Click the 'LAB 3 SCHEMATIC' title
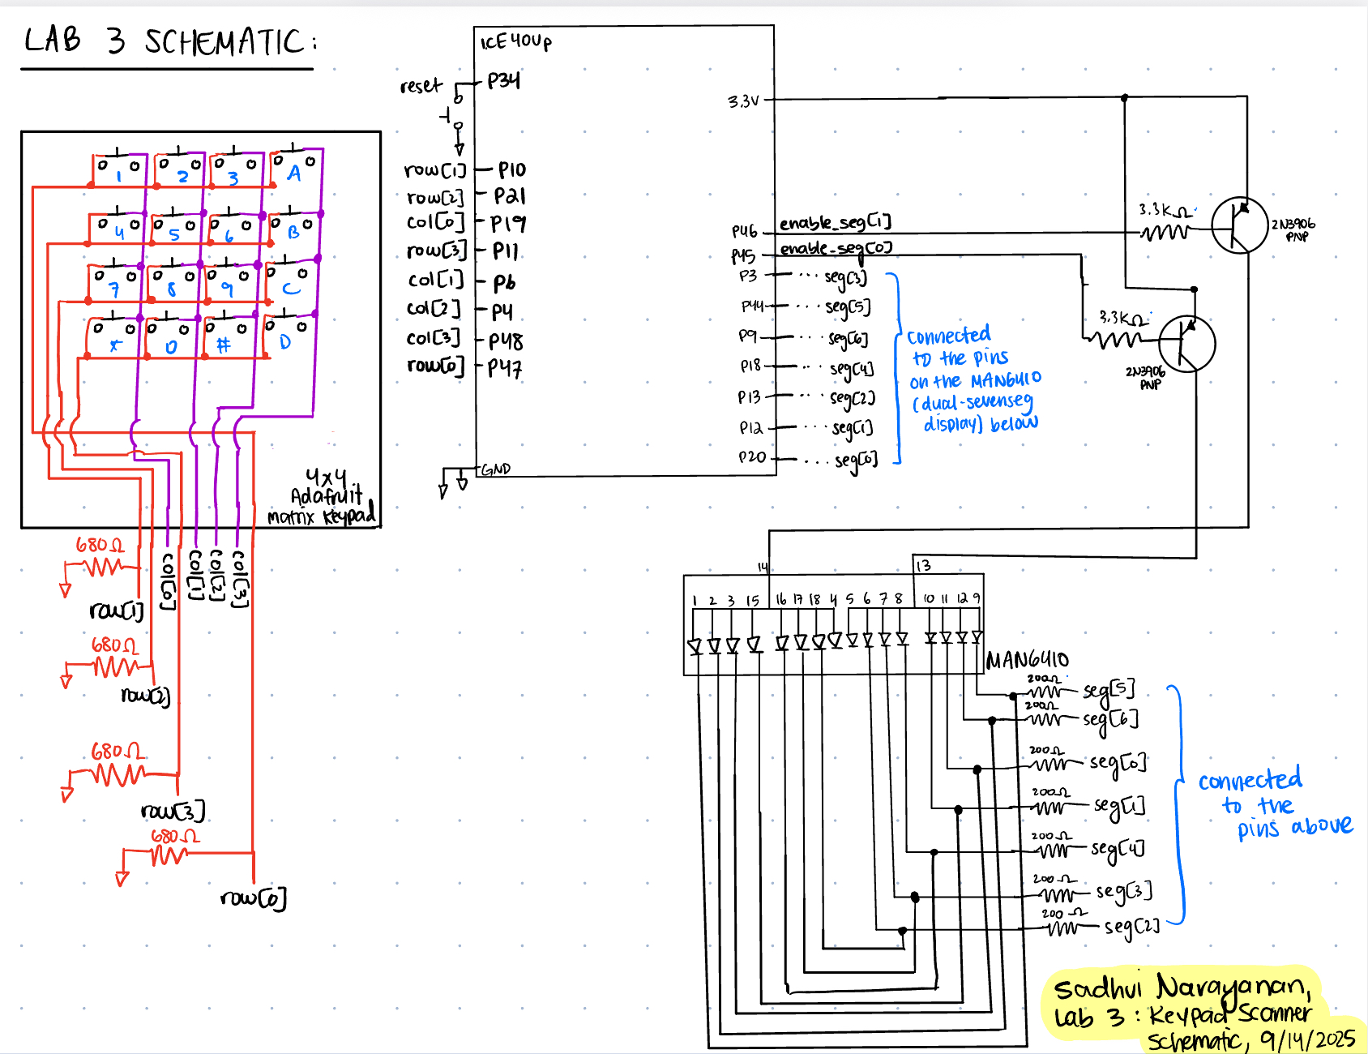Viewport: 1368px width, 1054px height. click(x=169, y=41)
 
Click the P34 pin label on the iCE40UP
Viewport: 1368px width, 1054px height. click(x=503, y=80)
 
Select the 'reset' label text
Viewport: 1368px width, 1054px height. click(x=421, y=86)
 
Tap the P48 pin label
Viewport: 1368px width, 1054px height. click(x=506, y=341)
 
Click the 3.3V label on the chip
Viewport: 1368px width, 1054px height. click(x=743, y=101)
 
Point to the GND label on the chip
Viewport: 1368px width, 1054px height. click(x=496, y=469)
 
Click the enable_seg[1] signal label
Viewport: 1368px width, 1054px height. click(x=835, y=222)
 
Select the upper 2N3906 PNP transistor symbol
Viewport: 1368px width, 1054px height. click(x=1239, y=225)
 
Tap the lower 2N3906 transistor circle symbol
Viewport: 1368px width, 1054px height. click(x=1186, y=344)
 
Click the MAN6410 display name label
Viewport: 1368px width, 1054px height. click(x=1027, y=660)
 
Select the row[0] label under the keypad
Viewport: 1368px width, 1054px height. click(x=253, y=898)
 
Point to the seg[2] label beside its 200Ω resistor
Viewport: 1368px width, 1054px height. click(x=1131, y=926)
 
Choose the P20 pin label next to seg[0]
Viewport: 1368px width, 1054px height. click(x=752, y=457)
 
